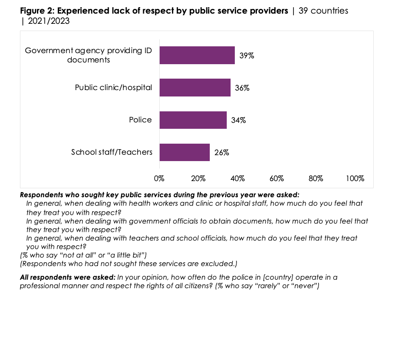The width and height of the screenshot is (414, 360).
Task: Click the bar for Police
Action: (x=193, y=120)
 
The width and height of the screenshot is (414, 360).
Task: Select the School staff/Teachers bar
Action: (x=184, y=152)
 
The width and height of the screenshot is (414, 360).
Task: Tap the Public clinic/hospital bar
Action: (x=195, y=88)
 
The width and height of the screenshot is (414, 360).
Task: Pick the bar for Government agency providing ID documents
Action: (x=197, y=55)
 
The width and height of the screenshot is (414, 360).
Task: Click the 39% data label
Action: (x=247, y=55)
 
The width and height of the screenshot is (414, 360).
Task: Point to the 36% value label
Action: (x=242, y=88)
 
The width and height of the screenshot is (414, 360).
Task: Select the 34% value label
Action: (x=238, y=120)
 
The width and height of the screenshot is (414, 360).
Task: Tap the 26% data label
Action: (x=222, y=153)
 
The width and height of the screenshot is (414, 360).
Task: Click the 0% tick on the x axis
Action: (x=159, y=179)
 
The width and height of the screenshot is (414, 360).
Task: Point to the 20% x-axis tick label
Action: (x=198, y=179)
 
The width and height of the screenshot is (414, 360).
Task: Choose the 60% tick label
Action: (x=276, y=179)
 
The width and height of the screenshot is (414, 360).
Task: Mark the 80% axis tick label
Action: (x=315, y=179)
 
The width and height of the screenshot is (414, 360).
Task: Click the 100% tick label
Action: (x=355, y=179)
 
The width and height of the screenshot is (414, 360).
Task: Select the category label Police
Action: (x=140, y=120)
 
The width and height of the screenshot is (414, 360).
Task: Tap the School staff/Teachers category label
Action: (x=112, y=152)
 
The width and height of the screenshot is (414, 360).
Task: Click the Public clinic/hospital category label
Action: (x=113, y=88)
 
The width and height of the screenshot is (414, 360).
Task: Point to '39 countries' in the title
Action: (x=323, y=11)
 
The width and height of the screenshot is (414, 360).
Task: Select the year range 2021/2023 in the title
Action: (x=48, y=21)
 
